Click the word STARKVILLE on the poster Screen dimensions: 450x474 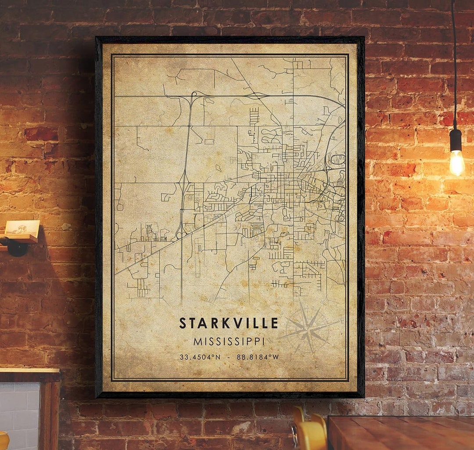pyautogui.click(x=229, y=323)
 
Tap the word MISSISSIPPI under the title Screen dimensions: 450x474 pyautogui.click(x=229, y=341)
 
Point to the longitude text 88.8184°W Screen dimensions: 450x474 pyautogui.click(x=258, y=357)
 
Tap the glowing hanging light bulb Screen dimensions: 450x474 pyautogui.click(x=456, y=162)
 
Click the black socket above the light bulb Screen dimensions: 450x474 pyautogui.click(x=456, y=140)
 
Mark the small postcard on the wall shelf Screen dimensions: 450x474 pyautogui.click(x=22, y=227)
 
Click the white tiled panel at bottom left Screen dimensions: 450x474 pyautogui.click(x=20, y=413)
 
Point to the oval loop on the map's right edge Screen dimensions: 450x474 pyautogui.click(x=338, y=159)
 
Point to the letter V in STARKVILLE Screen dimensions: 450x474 pyautogui.click(x=237, y=323)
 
